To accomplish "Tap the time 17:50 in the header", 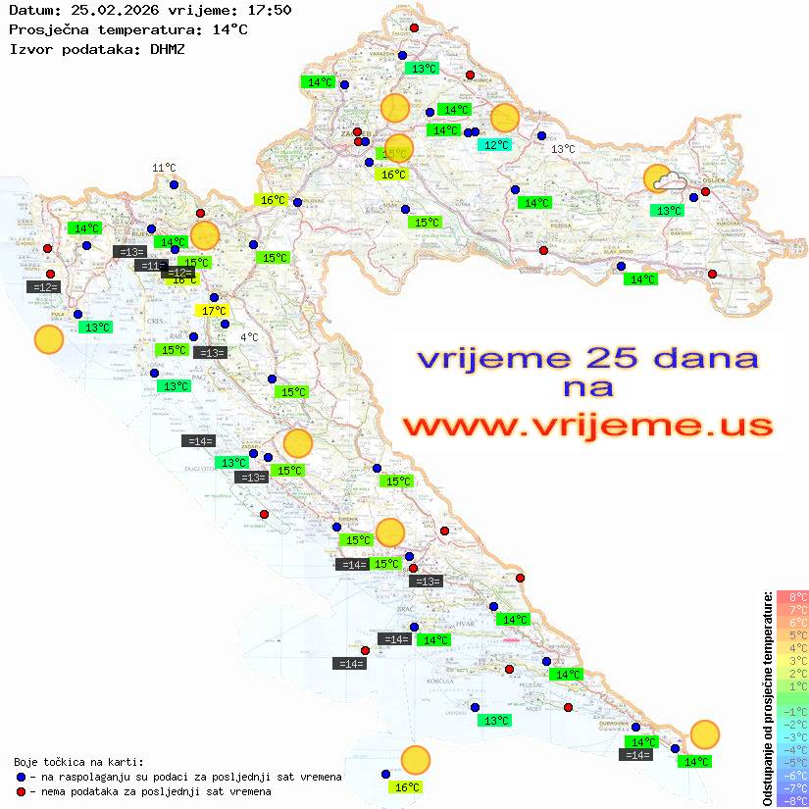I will coord(270,10).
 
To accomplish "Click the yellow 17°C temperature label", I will coord(214,311).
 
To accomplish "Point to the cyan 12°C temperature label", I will coord(494,145).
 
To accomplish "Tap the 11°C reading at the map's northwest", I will coord(163,169).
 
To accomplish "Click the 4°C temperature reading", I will coord(249,337).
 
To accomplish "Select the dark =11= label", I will coord(150,266).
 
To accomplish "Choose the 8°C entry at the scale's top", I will coord(792,596).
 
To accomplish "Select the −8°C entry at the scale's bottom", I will coord(791,800).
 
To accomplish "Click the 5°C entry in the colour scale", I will coord(792,634).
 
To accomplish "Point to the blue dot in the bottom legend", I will coord(20,777).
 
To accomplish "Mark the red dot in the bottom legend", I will coord(20,791).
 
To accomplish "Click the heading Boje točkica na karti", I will coord(78,762).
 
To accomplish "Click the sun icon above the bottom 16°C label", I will coord(416,760).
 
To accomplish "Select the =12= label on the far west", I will coord(45,287).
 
